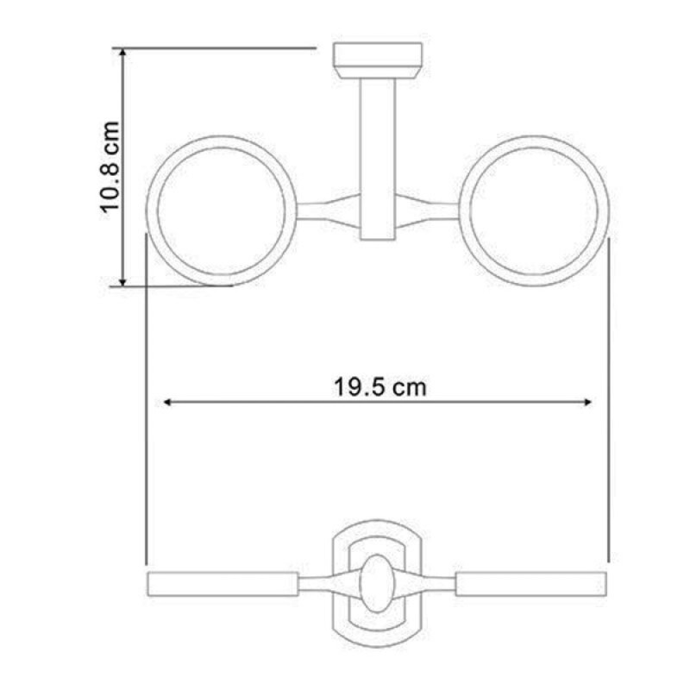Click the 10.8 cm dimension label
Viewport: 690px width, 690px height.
coord(110,167)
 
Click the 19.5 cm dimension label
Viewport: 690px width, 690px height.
coord(379,387)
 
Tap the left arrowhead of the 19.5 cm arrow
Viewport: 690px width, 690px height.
coord(167,402)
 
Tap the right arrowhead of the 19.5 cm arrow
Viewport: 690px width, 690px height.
coord(587,402)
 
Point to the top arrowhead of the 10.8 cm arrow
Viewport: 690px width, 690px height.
coord(123,53)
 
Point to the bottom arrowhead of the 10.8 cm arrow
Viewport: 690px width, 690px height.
coord(123,282)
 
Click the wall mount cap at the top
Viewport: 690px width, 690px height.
coord(378,60)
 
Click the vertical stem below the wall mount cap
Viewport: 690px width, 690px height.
coord(378,160)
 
